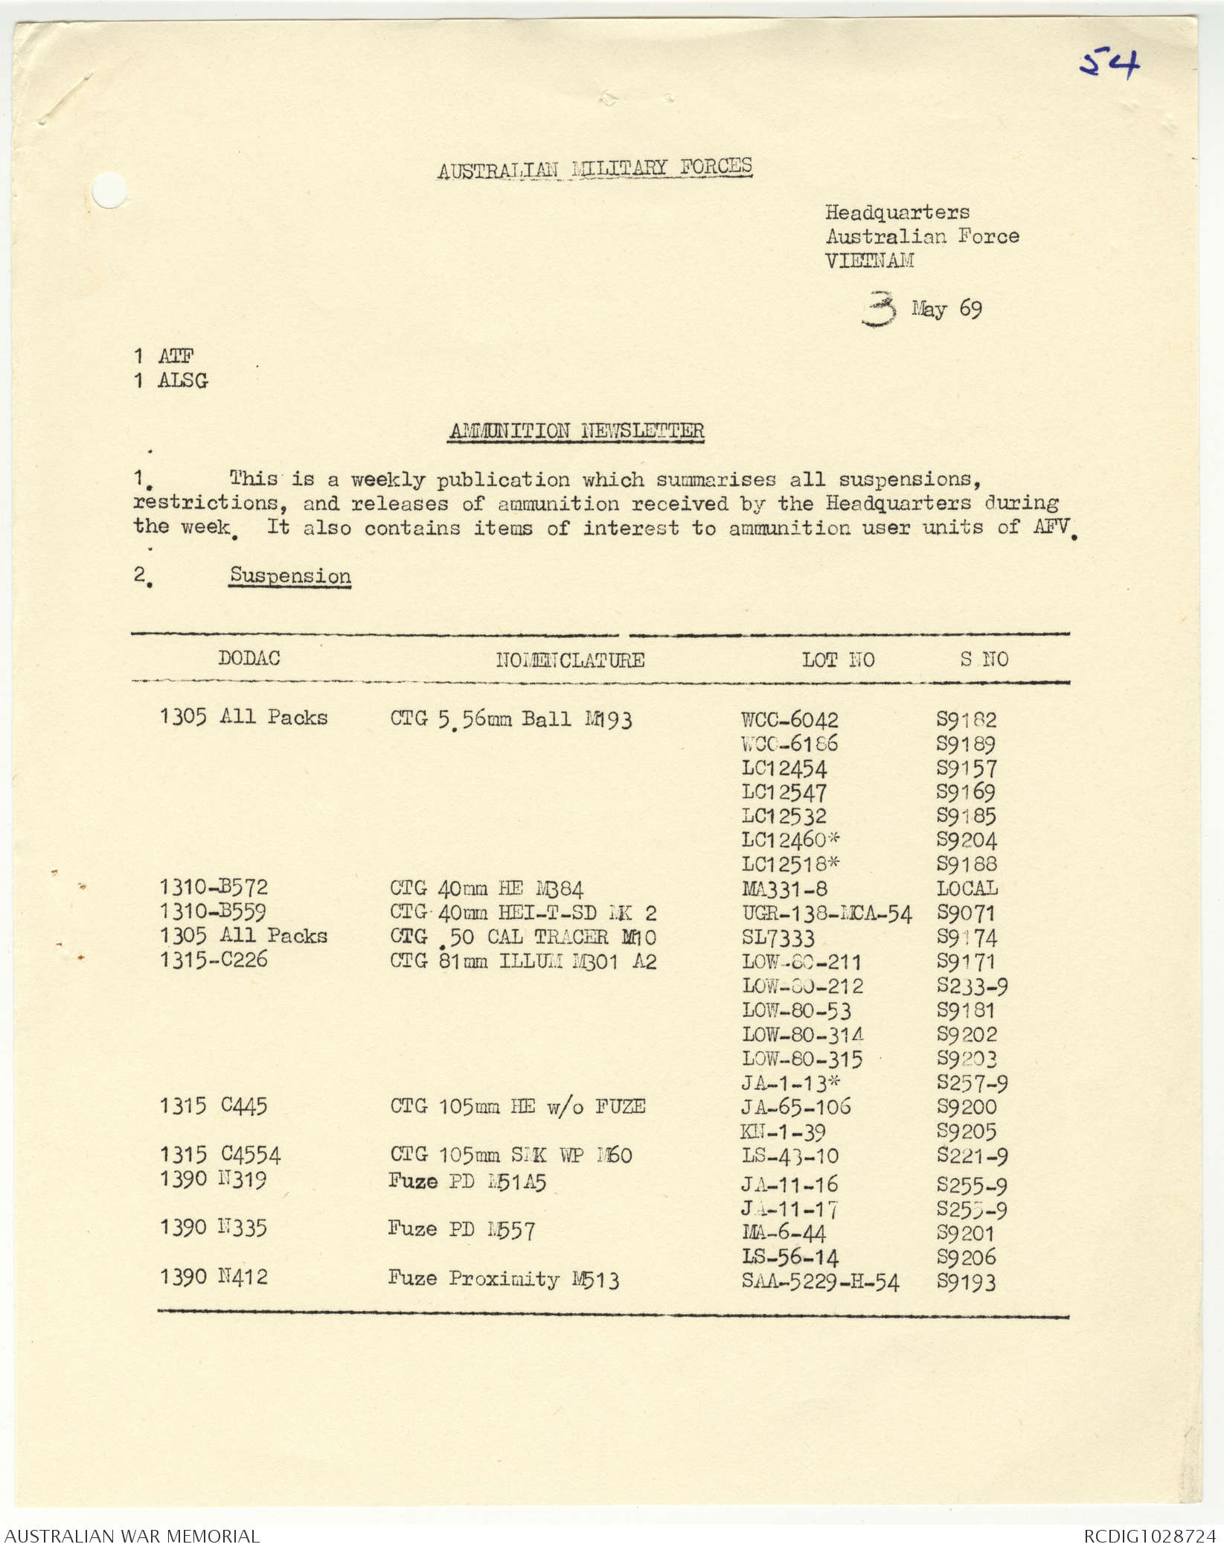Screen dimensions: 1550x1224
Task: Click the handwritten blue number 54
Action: point(1109,65)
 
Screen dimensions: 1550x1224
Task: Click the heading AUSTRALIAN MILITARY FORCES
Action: point(595,168)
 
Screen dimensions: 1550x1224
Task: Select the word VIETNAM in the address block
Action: point(869,261)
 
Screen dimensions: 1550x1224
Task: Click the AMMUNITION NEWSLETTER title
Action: point(576,431)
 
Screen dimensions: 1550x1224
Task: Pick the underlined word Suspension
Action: point(289,576)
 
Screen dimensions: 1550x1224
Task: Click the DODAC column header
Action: point(249,658)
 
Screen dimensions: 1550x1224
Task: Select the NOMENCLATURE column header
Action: point(570,660)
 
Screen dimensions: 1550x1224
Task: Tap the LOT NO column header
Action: point(838,660)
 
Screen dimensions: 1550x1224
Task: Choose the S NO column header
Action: point(984,659)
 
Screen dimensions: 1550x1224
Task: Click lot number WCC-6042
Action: point(789,720)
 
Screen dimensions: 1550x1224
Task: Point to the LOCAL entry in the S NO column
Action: point(967,888)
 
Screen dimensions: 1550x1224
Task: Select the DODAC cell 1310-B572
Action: point(214,887)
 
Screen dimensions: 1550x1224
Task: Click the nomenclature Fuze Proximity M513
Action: point(503,1280)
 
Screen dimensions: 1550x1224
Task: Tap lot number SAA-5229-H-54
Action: point(820,1282)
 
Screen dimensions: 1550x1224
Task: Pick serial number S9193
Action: point(966,1282)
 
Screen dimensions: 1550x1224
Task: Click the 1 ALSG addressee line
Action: point(171,380)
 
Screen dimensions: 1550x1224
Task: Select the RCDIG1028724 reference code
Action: point(1149,1536)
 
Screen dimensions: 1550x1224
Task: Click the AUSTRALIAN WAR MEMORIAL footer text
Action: point(132,1536)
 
